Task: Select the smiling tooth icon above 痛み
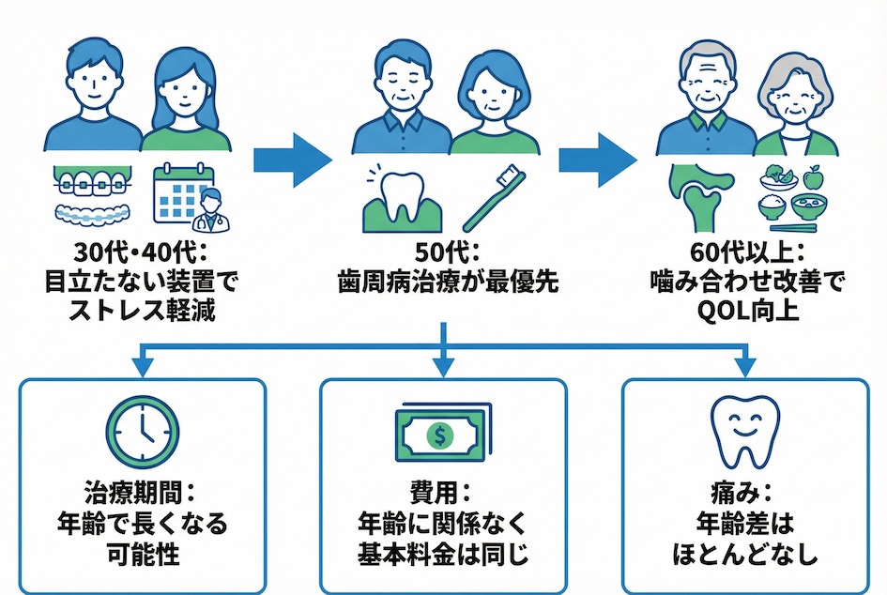[742, 431]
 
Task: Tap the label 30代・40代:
[143, 253]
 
